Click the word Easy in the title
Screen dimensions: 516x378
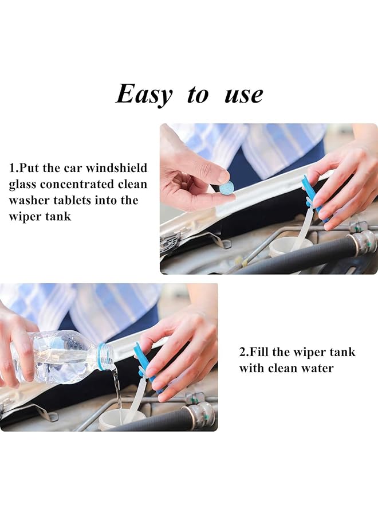(x=143, y=94)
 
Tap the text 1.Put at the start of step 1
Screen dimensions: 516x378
(x=25, y=169)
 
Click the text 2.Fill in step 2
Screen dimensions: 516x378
(x=255, y=352)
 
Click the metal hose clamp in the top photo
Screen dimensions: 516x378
(x=363, y=242)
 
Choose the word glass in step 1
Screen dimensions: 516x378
(x=23, y=185)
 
